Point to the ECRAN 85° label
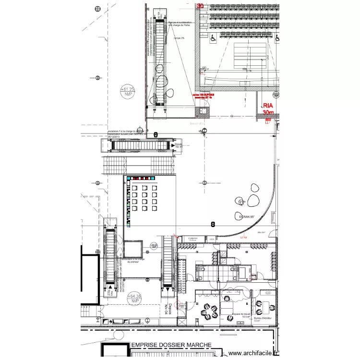click(248, 217)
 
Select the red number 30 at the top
click(200, 6)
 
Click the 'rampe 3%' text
click(179, 39)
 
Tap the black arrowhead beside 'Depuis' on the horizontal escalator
click(172, 144)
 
